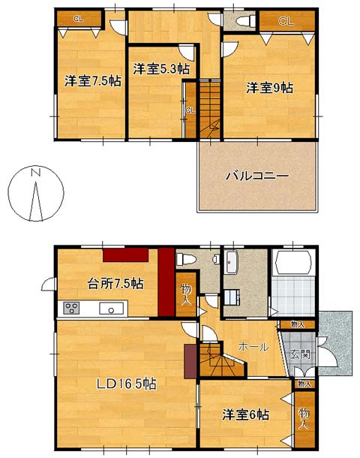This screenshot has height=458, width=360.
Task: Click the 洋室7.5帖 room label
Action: pos(93,81)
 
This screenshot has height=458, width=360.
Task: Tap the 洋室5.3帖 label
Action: pos(161,69)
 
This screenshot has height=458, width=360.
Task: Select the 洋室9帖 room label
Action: pos(269,88)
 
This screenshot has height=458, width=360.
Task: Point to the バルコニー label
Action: pos(257,176)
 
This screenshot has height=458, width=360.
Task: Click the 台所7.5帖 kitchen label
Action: pos(115,283)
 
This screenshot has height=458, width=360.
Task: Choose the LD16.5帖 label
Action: pos(127,384)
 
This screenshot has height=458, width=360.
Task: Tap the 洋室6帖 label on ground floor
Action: pos(246,414)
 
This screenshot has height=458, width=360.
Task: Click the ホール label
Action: pos(253,347)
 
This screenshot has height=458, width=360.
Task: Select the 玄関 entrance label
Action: pos(300,354)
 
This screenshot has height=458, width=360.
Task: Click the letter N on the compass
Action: pos(36,172)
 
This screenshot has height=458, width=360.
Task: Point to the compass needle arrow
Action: pos(36,201)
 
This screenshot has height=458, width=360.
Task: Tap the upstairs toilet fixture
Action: pos(245,21)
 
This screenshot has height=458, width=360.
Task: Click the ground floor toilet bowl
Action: pos(185,259)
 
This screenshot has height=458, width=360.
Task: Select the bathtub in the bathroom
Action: pos(293,262)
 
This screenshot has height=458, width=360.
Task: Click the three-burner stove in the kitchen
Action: pos(72,309)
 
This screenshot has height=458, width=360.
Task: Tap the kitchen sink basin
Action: pos(111,309)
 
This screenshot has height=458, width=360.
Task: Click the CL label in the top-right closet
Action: pos(286,21)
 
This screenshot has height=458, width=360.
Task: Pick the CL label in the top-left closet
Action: pos(79,19)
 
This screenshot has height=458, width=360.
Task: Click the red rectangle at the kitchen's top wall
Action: pos(125,255)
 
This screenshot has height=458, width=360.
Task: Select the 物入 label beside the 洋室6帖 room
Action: pos(304,418)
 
